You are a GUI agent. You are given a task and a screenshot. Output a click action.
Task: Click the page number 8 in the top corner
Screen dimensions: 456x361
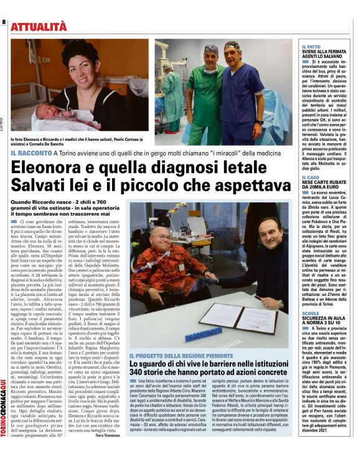point(4,23)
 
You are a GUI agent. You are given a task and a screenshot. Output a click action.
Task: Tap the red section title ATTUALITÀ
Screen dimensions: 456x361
point(39,26)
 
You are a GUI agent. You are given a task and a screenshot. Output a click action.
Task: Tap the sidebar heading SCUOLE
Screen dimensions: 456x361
point(310,313)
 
